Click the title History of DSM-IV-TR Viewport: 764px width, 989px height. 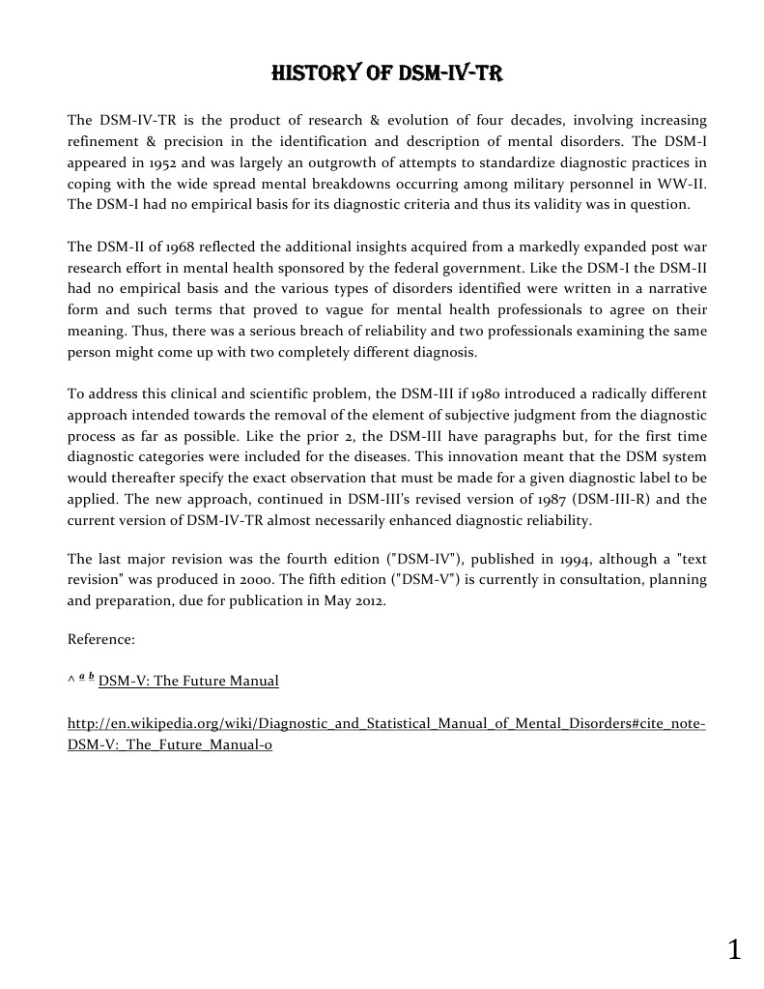[x=386, y=73]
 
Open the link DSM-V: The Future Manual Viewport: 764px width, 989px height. [x=188, y=682]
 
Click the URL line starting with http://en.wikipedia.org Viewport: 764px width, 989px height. [x=386, y=724]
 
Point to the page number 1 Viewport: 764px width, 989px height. [x=734, y=950]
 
